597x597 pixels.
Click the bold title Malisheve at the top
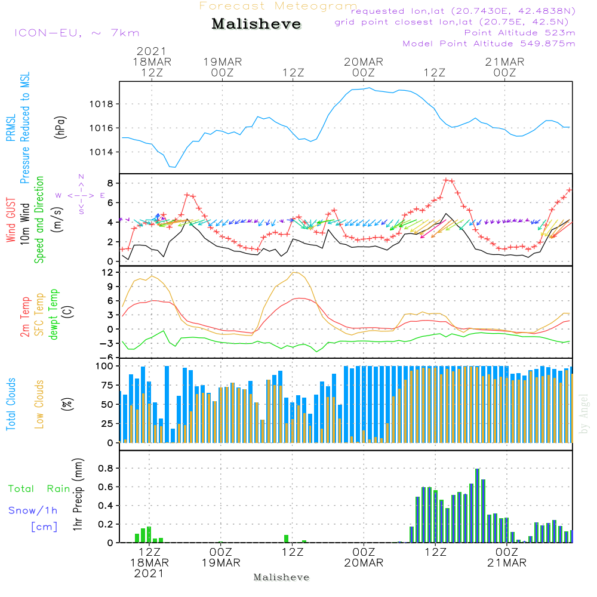[x=256, y=24]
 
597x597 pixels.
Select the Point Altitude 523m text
[x=519, y=33]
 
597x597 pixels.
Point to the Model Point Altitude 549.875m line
[x=489, y=44]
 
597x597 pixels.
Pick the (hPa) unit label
[x=60, y=127]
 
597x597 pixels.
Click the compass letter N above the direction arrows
[x=81, y=177]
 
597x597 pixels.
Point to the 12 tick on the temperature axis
[x=108, y=272]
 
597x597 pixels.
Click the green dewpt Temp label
[x=54, y=314]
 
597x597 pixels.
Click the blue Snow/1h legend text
[x=33, y=510]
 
